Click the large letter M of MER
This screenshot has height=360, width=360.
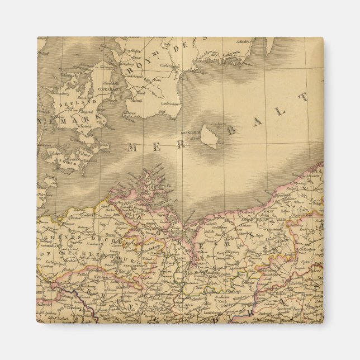pos(134,148)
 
